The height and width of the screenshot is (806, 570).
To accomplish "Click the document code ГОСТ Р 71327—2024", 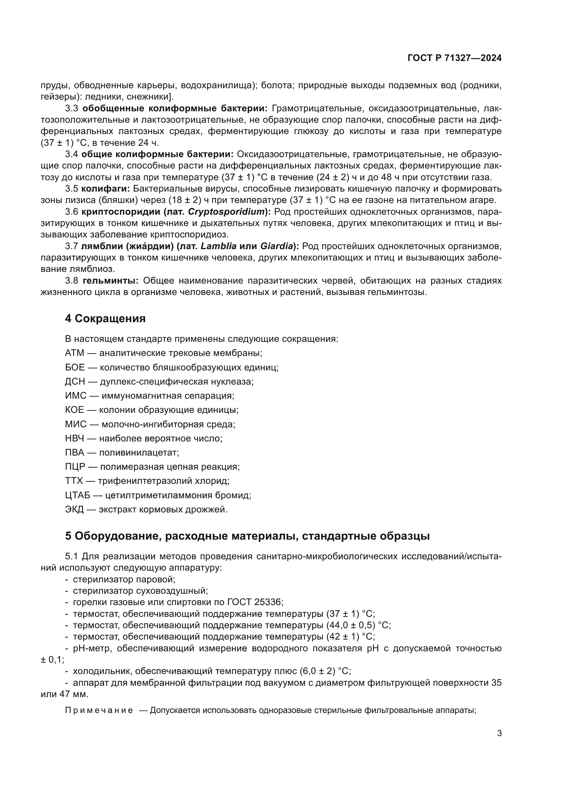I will coord(455,58).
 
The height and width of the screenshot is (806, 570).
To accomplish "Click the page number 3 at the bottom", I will coord(499,733).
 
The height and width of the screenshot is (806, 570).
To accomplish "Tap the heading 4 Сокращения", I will coord(105,318).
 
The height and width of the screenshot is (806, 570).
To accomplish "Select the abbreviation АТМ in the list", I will coord(74,353).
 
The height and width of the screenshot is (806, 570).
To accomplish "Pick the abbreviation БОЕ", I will coord(75,367).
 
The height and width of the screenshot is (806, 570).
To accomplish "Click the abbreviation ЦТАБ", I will coord(78,495).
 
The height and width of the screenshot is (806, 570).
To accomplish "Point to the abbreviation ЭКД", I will coord(74,509).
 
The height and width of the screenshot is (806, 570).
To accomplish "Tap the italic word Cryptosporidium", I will coord(226,212).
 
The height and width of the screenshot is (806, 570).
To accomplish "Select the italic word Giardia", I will coord(277,246).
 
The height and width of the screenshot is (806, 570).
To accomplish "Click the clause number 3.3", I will coord(72,109).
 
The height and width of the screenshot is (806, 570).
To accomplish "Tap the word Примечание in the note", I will coord(99,710).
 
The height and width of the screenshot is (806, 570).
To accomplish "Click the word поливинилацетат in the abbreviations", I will coord(139,452).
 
